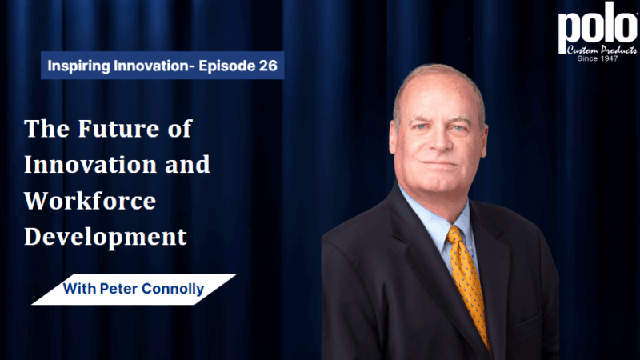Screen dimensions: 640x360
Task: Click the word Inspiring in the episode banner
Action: pos(78,66)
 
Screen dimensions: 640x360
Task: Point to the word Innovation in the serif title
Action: pos(90,165)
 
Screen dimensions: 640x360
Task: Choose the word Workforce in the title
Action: pos(90,201)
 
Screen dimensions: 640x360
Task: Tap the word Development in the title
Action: pos(106,237)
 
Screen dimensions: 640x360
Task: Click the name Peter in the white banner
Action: pos(118,289)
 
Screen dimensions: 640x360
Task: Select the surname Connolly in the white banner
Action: pos(173,290)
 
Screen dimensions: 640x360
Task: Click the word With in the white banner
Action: pos(79,289)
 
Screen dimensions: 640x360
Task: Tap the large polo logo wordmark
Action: pos(598,28)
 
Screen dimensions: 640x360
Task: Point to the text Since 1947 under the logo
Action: pos(598,58)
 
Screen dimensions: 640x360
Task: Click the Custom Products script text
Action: pos(602,50)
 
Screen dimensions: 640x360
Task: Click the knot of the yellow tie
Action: pos(455,236)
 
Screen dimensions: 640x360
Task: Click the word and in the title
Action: pos(187,165)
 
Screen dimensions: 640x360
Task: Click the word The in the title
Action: pos(47,129)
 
